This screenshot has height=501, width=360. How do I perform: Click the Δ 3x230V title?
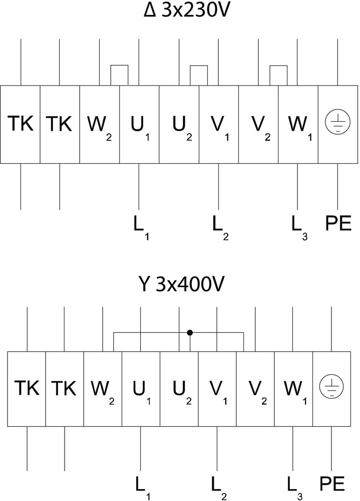pos(186,11)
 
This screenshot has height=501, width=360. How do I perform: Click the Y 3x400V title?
pos(181,284)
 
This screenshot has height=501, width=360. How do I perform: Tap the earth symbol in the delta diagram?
pos(337,122)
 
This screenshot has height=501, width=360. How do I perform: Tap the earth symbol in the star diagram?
pos(332,386)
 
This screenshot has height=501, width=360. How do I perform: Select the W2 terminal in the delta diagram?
pos(100,125)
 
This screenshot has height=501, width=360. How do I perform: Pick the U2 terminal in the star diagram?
pos(179,389)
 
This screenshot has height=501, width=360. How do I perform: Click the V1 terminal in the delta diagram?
pos(219,125)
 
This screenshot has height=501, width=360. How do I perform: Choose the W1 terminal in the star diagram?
pos(293,389)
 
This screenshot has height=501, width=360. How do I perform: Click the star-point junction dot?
pos(190,333)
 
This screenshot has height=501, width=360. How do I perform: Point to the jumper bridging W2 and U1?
pos(119,66)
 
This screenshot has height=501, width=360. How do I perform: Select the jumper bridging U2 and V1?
pos(199,66)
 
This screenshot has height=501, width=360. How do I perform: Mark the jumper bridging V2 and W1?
pos(278,66)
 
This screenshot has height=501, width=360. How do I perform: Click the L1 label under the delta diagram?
pos(141,227)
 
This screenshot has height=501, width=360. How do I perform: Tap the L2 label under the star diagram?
pos(219,488)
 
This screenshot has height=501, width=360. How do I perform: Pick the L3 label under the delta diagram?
pos(299,227)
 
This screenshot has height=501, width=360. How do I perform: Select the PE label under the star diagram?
pos(332,484)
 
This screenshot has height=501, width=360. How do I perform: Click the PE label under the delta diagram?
pos(338,223)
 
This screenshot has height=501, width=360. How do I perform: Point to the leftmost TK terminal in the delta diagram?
pos(20,125)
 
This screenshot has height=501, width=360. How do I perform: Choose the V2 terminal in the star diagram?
pos(255,389)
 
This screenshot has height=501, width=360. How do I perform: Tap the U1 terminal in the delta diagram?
pos(139,125)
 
